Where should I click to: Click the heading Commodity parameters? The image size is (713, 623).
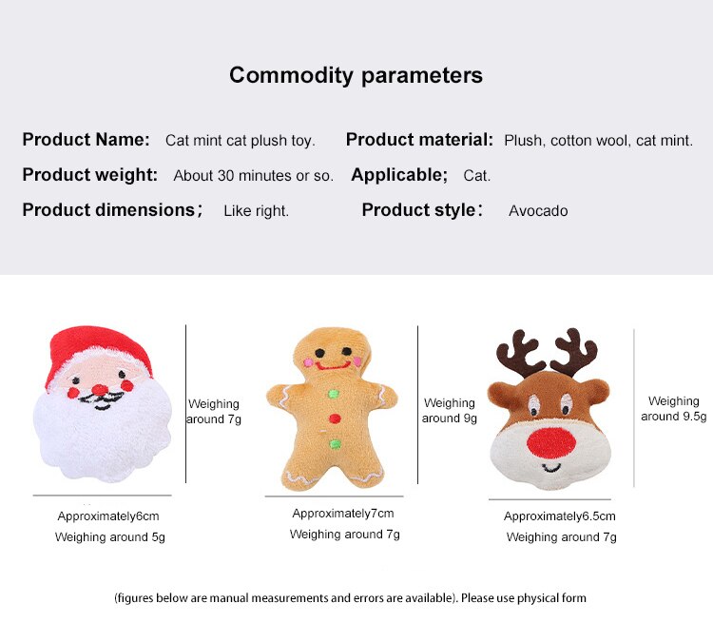click(356, 75)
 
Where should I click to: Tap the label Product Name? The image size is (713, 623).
click(86, 139)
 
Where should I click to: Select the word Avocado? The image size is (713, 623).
click(538, 211)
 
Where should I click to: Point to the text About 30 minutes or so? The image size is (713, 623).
click(253, 176)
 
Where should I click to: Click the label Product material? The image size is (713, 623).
click(419, 139)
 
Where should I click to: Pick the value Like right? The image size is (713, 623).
click(256, 211)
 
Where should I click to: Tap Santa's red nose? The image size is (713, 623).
click(100, 390)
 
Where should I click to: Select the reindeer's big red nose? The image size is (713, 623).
click(551, 443)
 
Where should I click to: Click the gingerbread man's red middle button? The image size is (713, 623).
click(335, 419)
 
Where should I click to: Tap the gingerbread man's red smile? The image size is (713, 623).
click(333, 365)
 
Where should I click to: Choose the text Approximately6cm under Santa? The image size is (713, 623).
click(108, 516)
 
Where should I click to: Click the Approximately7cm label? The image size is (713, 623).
click(343, 514)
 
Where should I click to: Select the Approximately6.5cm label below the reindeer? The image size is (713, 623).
click(559, 516)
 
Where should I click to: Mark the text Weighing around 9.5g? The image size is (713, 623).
click(673, 409)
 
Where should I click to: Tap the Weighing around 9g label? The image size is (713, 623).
click(450, 411)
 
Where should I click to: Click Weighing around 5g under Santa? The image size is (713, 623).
click(109, 537)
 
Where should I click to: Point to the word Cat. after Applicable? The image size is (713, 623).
click(476, 176)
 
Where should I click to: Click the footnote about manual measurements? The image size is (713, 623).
click(350, 598)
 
